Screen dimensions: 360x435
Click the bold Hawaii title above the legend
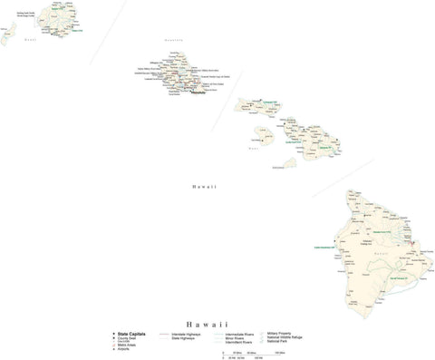(208, 324)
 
